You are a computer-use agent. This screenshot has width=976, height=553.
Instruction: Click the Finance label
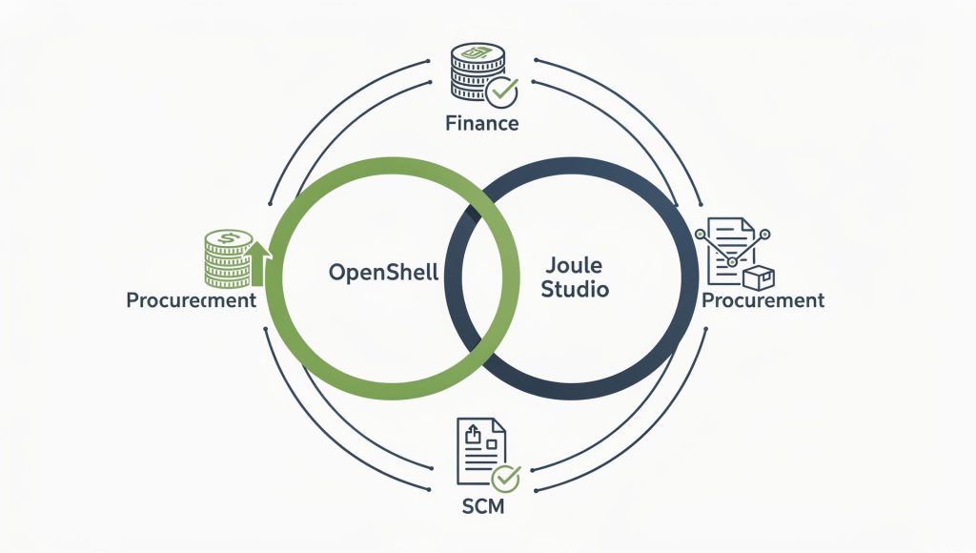point(481,123)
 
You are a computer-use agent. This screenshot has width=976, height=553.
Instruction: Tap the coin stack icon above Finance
point(477,71)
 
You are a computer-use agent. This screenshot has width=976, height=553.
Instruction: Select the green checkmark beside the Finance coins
point(501,92)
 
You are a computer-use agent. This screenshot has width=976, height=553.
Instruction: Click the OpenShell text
point(383,272)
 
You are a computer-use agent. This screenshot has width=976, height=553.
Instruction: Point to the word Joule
point(574,265)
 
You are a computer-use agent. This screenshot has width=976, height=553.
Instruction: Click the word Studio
point(575,289)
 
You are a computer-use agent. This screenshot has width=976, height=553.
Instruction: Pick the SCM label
point(483,506)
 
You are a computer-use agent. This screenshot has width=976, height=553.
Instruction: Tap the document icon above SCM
point(481,452)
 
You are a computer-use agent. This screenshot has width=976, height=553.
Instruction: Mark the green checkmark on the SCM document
point(505,479)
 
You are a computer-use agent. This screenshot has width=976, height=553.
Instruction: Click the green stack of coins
point(229,258)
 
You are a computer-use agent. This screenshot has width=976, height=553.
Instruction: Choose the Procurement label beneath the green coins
point(191,300)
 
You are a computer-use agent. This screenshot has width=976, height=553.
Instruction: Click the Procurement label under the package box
point(762,300)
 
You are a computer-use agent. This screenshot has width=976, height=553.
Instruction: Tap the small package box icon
point(759,277)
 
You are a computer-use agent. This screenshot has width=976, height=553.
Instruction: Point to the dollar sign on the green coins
point(229,238)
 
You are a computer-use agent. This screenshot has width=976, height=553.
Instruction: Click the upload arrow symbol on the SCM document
point(473,433)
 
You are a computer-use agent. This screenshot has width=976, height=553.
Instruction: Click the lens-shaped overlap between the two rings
point(482,278)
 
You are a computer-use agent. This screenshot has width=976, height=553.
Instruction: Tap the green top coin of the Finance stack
point(478,52)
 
